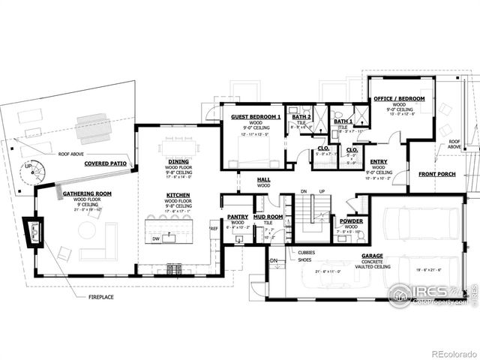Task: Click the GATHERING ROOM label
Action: (x=87, y=193)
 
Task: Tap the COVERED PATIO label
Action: (x=106, y=163)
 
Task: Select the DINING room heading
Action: (x=178, y=160)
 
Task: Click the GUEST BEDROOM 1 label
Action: (x=256, y=118)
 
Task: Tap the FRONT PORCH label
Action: (x=437, y=175)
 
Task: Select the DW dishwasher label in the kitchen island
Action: (x=155, y=238)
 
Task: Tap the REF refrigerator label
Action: (x=214, y=229)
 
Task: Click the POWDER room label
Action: (x=352, y=221)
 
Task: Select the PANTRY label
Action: (x=237, y=217)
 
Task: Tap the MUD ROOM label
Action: (x=268, y=217)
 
